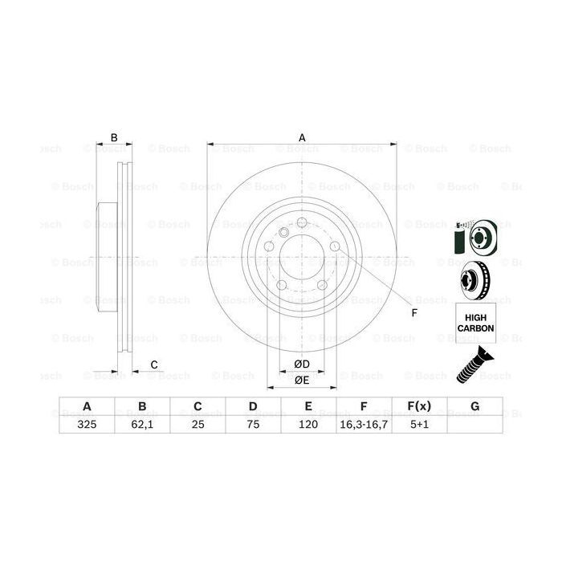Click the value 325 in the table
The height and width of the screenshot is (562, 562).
[86, 426]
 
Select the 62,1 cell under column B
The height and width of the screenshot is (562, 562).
[141, 426]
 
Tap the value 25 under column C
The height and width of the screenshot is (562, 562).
[197, 426]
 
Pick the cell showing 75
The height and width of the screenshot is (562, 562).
[252, 426]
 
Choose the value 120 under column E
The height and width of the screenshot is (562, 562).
[308, 426]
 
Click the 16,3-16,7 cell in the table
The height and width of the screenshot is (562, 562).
[364, 426]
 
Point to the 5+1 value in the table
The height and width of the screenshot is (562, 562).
[418, 426]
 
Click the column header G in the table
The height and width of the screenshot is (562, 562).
[474, 407]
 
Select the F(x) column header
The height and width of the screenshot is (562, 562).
[418, 407]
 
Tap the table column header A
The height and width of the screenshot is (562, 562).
[86, 407]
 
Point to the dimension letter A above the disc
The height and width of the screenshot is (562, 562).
[302, 137]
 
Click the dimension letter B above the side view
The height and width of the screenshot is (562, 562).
[114, 137]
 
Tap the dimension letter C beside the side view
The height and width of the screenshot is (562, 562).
[153, 365]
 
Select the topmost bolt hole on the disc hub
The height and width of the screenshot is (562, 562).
[302, 224]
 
